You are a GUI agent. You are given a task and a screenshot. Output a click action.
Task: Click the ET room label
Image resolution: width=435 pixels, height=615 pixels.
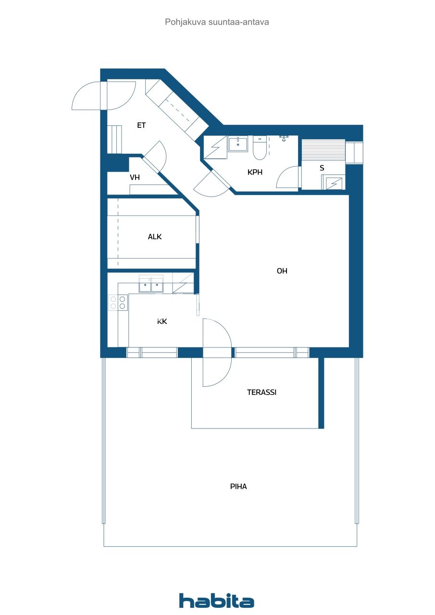141,125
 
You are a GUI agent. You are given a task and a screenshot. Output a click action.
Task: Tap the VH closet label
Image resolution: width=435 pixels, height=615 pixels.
135,177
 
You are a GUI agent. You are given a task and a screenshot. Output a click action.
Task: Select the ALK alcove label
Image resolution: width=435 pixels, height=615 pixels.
155,236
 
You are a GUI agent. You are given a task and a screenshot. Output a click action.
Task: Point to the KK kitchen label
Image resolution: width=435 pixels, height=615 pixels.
162,321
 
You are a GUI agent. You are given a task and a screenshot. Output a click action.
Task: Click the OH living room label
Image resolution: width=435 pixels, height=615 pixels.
282,271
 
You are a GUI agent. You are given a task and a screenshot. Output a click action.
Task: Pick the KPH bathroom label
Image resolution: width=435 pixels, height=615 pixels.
255,172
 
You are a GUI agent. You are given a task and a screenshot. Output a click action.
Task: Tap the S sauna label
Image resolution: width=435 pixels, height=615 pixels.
322,168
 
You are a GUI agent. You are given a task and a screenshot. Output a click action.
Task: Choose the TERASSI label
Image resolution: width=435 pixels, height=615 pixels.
261,392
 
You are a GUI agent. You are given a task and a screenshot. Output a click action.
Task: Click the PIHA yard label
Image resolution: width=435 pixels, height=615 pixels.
238,486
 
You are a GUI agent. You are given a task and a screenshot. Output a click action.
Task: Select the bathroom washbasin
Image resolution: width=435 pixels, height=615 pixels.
237,144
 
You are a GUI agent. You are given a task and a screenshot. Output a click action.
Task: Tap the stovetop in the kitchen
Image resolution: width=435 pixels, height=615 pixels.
118,302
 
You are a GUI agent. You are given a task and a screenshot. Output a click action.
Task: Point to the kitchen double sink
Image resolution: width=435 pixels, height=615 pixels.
151,285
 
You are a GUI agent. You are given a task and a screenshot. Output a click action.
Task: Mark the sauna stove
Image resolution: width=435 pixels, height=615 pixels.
333,183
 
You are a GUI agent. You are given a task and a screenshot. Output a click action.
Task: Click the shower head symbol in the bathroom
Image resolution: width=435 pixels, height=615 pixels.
284,138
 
